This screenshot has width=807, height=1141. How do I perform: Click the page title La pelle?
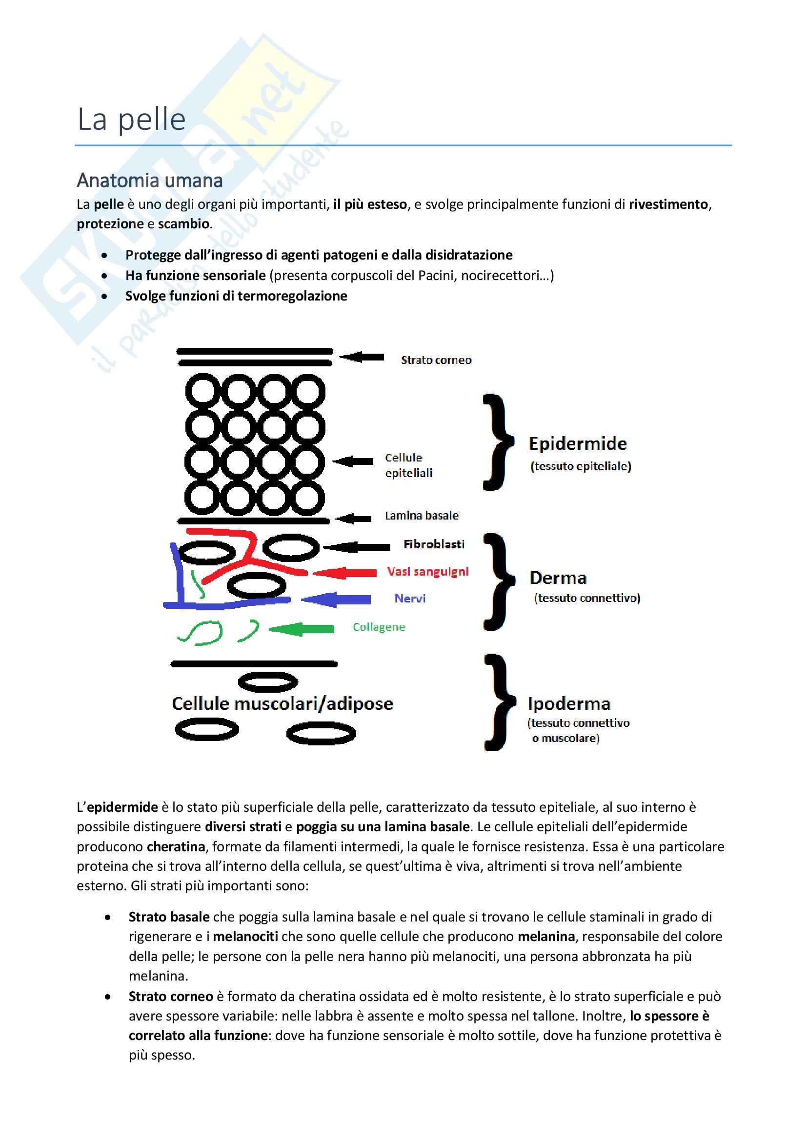(132, 120)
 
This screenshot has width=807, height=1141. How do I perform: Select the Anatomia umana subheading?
(150, 180)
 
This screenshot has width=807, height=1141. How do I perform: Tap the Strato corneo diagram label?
(436, 360)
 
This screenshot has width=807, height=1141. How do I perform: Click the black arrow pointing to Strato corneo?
(362, 357)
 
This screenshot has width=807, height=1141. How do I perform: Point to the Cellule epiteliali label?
(408, 465)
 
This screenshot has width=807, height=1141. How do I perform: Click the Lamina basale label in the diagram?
(422, 515)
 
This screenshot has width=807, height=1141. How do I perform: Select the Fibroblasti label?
(434, 544)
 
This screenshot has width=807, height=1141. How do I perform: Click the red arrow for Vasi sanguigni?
(344, 573)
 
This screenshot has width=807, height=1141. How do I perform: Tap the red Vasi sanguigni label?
(428, 572)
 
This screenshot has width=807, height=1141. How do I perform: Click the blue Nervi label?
(410, 599)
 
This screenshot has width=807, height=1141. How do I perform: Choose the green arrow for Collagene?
(302, 629)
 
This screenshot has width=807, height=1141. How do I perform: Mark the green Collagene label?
(379, 627)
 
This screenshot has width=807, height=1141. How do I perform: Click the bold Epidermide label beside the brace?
(577, 443)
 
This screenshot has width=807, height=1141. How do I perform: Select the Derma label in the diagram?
(558, 578)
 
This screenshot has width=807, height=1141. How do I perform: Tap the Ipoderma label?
(569, 704)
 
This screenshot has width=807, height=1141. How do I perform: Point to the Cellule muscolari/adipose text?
(282, 704)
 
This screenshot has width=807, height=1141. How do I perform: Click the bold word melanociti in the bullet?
(245, 936)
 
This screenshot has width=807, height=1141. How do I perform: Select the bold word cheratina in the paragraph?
(176, 846)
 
